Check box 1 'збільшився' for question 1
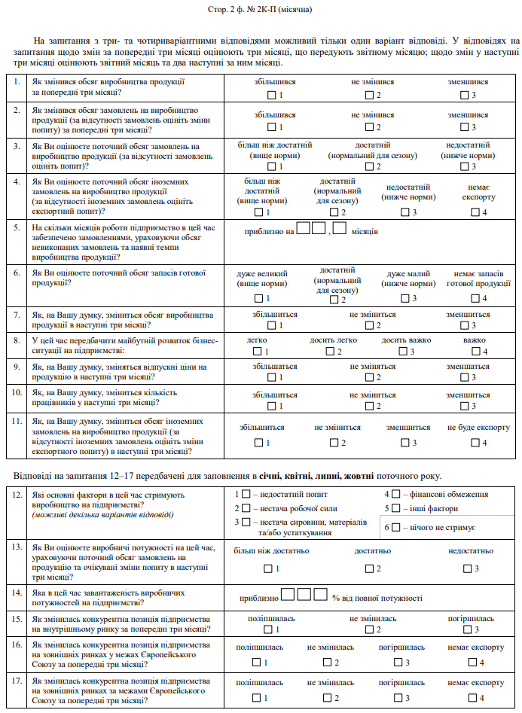271,96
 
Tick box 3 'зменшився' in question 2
464,127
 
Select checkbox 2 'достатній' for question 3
369,166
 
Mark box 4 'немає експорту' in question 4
475,212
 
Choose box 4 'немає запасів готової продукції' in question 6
475,298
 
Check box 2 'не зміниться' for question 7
369,325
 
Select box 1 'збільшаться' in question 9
271,377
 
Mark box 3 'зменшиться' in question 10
464,406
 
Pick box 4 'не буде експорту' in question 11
475,443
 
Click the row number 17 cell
17,688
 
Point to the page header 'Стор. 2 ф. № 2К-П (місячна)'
261,11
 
